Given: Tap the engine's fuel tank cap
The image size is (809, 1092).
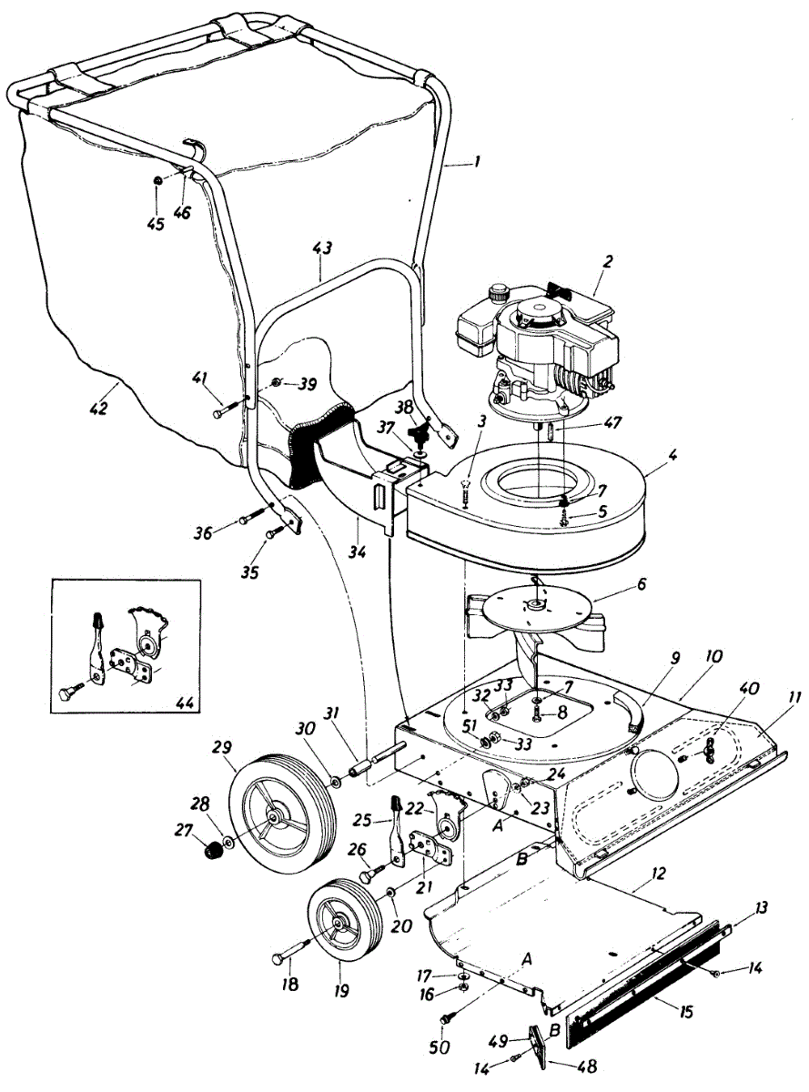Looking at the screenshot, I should coord(497,294).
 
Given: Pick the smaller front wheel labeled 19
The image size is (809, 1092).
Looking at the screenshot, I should coord(339,921).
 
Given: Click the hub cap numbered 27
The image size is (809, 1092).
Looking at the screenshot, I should coord(212,852).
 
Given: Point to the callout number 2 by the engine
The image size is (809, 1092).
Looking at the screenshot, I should coord(608,261).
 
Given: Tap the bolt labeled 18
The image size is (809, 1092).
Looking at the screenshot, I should coord(283,957).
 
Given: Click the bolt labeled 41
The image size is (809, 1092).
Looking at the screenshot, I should coord(223,412).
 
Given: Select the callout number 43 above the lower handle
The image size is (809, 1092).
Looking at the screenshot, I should coord(322,248).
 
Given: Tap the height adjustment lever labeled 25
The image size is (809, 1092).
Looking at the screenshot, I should coord(398,824).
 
